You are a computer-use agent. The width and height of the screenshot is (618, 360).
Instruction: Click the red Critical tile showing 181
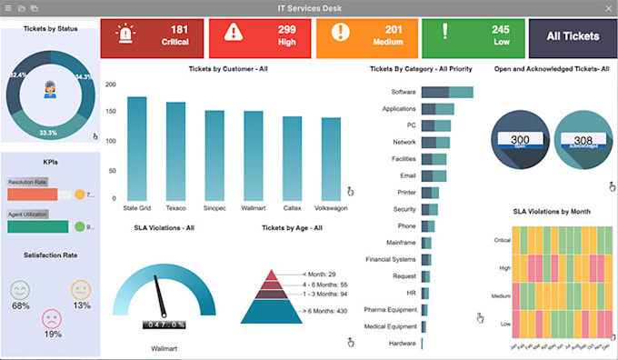click(152, 36)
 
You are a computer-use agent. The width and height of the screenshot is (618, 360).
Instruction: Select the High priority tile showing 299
click(261, 36)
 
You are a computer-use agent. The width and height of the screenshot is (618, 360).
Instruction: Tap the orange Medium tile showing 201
click(367, 36)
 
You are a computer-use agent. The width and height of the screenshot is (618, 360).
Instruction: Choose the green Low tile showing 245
click(473, 36)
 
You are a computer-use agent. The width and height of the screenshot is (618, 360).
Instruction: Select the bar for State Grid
click(137, 148)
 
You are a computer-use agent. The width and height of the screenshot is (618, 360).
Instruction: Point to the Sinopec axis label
click(214, 207)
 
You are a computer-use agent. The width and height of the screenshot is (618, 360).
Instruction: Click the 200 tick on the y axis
click(110, 85)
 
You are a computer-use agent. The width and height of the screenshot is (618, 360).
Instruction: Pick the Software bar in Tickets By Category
click(446, 92)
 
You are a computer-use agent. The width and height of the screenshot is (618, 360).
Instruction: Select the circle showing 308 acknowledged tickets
click(583, 141)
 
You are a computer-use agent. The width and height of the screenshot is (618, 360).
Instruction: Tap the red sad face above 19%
click(52, 319)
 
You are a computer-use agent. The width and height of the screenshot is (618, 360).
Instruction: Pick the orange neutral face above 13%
click(81, 290)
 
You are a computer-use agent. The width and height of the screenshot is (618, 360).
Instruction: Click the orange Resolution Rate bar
click(32, 195)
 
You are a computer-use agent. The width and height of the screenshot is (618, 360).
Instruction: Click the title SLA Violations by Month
click(552, 211)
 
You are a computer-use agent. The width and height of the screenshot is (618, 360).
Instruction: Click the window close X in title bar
click(608, 7)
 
